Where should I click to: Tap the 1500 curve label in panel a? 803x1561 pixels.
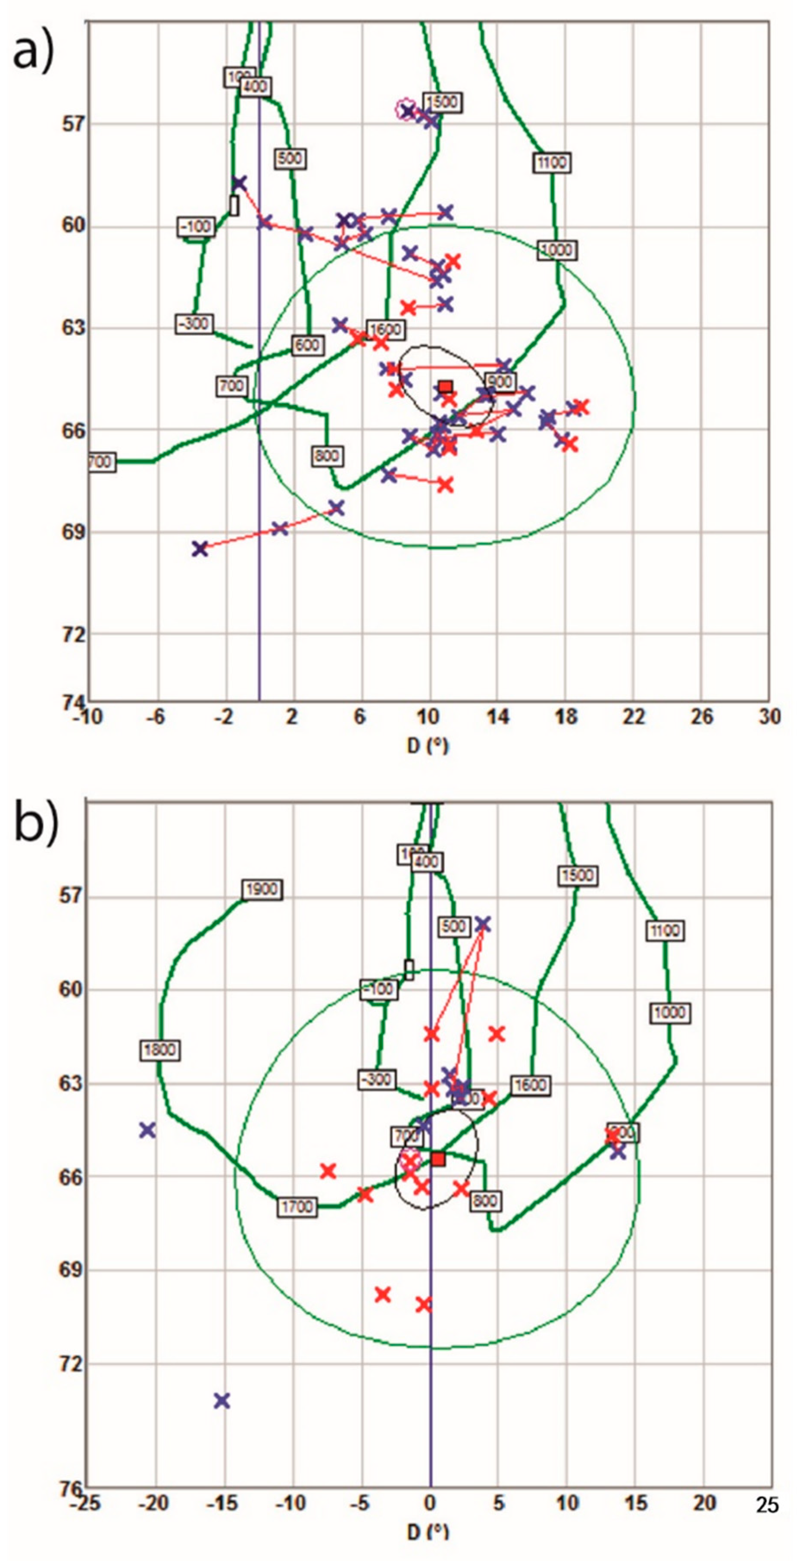[441, 102]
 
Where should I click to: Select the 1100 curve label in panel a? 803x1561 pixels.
[551, 163]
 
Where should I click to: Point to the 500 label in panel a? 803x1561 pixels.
[290, 159]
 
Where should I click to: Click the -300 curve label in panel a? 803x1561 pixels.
[194, 324]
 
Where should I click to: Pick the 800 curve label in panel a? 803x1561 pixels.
[326, 456]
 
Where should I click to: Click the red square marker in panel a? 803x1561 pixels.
[445, 387]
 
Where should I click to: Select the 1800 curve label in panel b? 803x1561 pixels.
[160, 1050]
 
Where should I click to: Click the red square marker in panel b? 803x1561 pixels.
[438, 1159]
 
